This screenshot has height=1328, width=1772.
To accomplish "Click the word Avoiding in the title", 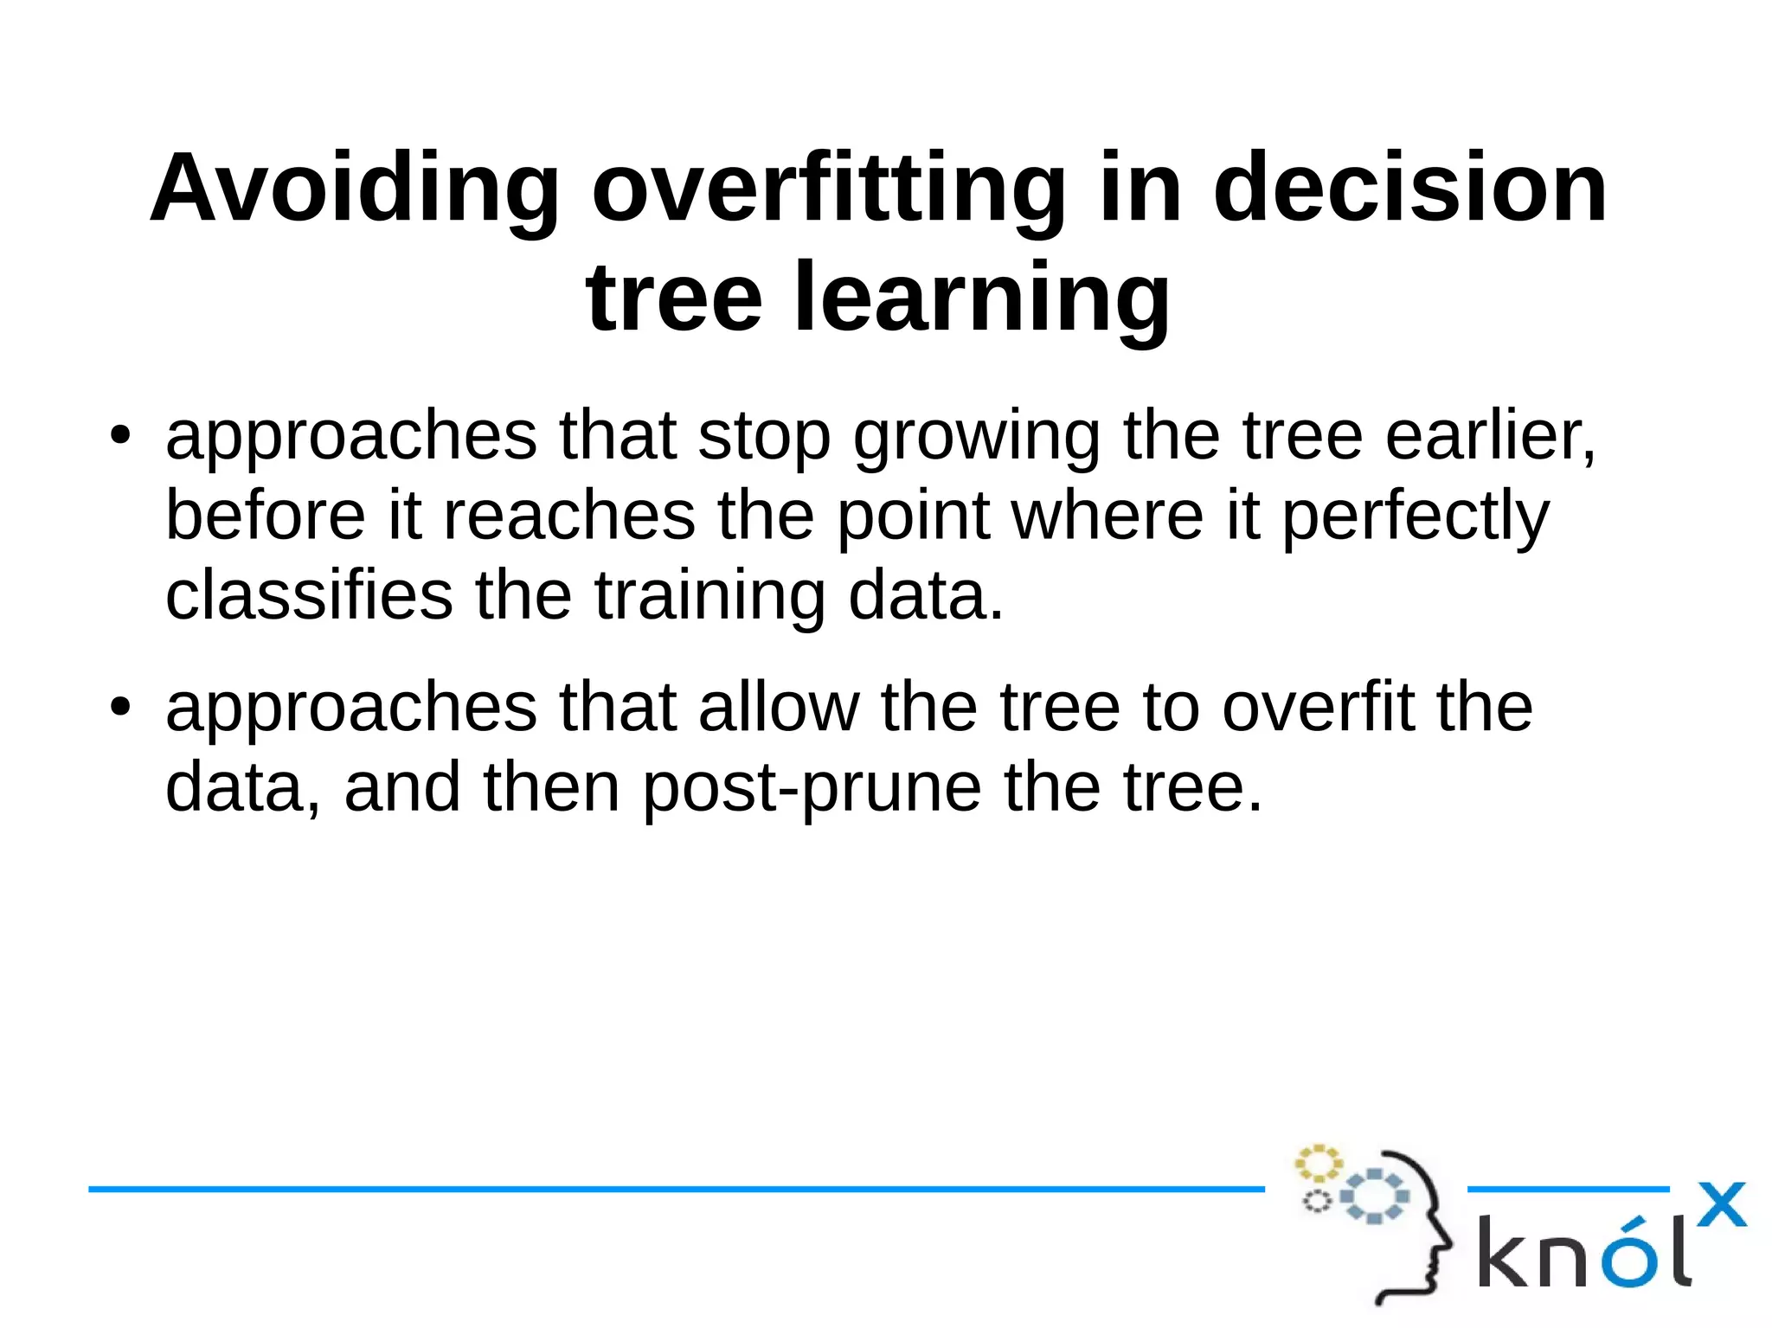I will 355,189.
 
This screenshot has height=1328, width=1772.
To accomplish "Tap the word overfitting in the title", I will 829,189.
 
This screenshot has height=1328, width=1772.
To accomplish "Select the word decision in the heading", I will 1409,189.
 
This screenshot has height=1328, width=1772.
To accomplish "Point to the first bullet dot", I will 119,435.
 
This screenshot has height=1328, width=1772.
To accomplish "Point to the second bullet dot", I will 119,708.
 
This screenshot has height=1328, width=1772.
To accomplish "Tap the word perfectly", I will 1415,517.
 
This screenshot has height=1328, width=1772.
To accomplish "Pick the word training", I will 709,596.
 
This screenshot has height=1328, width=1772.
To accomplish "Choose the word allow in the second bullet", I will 779,708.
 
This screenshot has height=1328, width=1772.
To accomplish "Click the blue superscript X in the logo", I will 1721,1204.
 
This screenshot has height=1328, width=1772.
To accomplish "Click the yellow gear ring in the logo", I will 1317,1164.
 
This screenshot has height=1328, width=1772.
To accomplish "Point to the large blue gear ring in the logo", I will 1375,1196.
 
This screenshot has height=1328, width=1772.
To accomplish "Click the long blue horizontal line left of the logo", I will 675,1190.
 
